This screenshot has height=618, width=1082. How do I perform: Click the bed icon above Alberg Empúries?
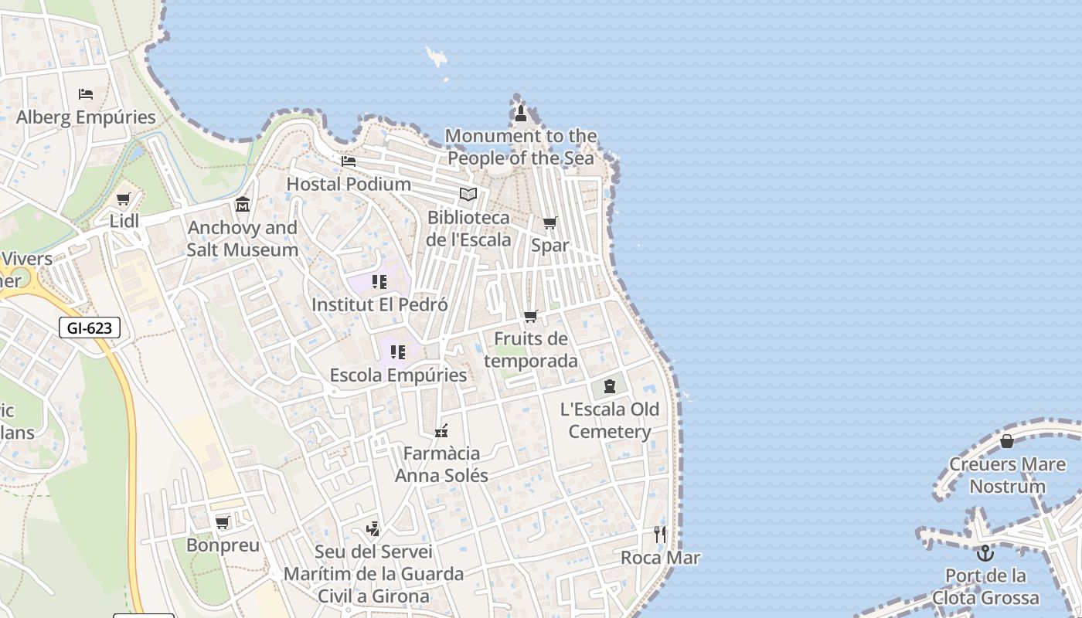point(86,94)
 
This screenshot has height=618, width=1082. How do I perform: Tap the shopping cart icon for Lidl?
point(124,199)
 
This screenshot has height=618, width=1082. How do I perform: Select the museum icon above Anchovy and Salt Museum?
point(243,205)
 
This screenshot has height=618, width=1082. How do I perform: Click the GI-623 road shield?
point(90,328)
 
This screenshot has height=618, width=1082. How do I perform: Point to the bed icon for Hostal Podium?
point(349,161)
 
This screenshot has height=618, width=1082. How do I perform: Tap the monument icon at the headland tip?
point(520,114)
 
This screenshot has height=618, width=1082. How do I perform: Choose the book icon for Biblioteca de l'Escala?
point(468,194)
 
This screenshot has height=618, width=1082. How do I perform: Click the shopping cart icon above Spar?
point(550,223)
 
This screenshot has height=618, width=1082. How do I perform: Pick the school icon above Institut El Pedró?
point(379,282)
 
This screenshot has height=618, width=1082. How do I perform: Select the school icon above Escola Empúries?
point(398,352)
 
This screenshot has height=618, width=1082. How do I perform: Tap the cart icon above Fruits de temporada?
point(530,316)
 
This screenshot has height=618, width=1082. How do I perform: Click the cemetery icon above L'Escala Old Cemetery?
point(610,385)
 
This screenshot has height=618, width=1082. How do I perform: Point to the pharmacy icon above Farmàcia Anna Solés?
point(441,430)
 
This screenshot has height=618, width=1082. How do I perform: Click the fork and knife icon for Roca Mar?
point(660,534)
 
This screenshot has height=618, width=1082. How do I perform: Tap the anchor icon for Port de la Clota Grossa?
point(985,553)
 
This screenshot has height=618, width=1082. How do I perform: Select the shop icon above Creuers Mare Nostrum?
point(1007,441)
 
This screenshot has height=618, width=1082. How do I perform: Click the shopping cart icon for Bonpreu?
point(223,523)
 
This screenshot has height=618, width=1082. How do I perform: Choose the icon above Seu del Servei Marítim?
point(373,529)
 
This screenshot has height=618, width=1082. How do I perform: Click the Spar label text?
point(550,246)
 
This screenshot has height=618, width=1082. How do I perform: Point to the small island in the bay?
point(437,56)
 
